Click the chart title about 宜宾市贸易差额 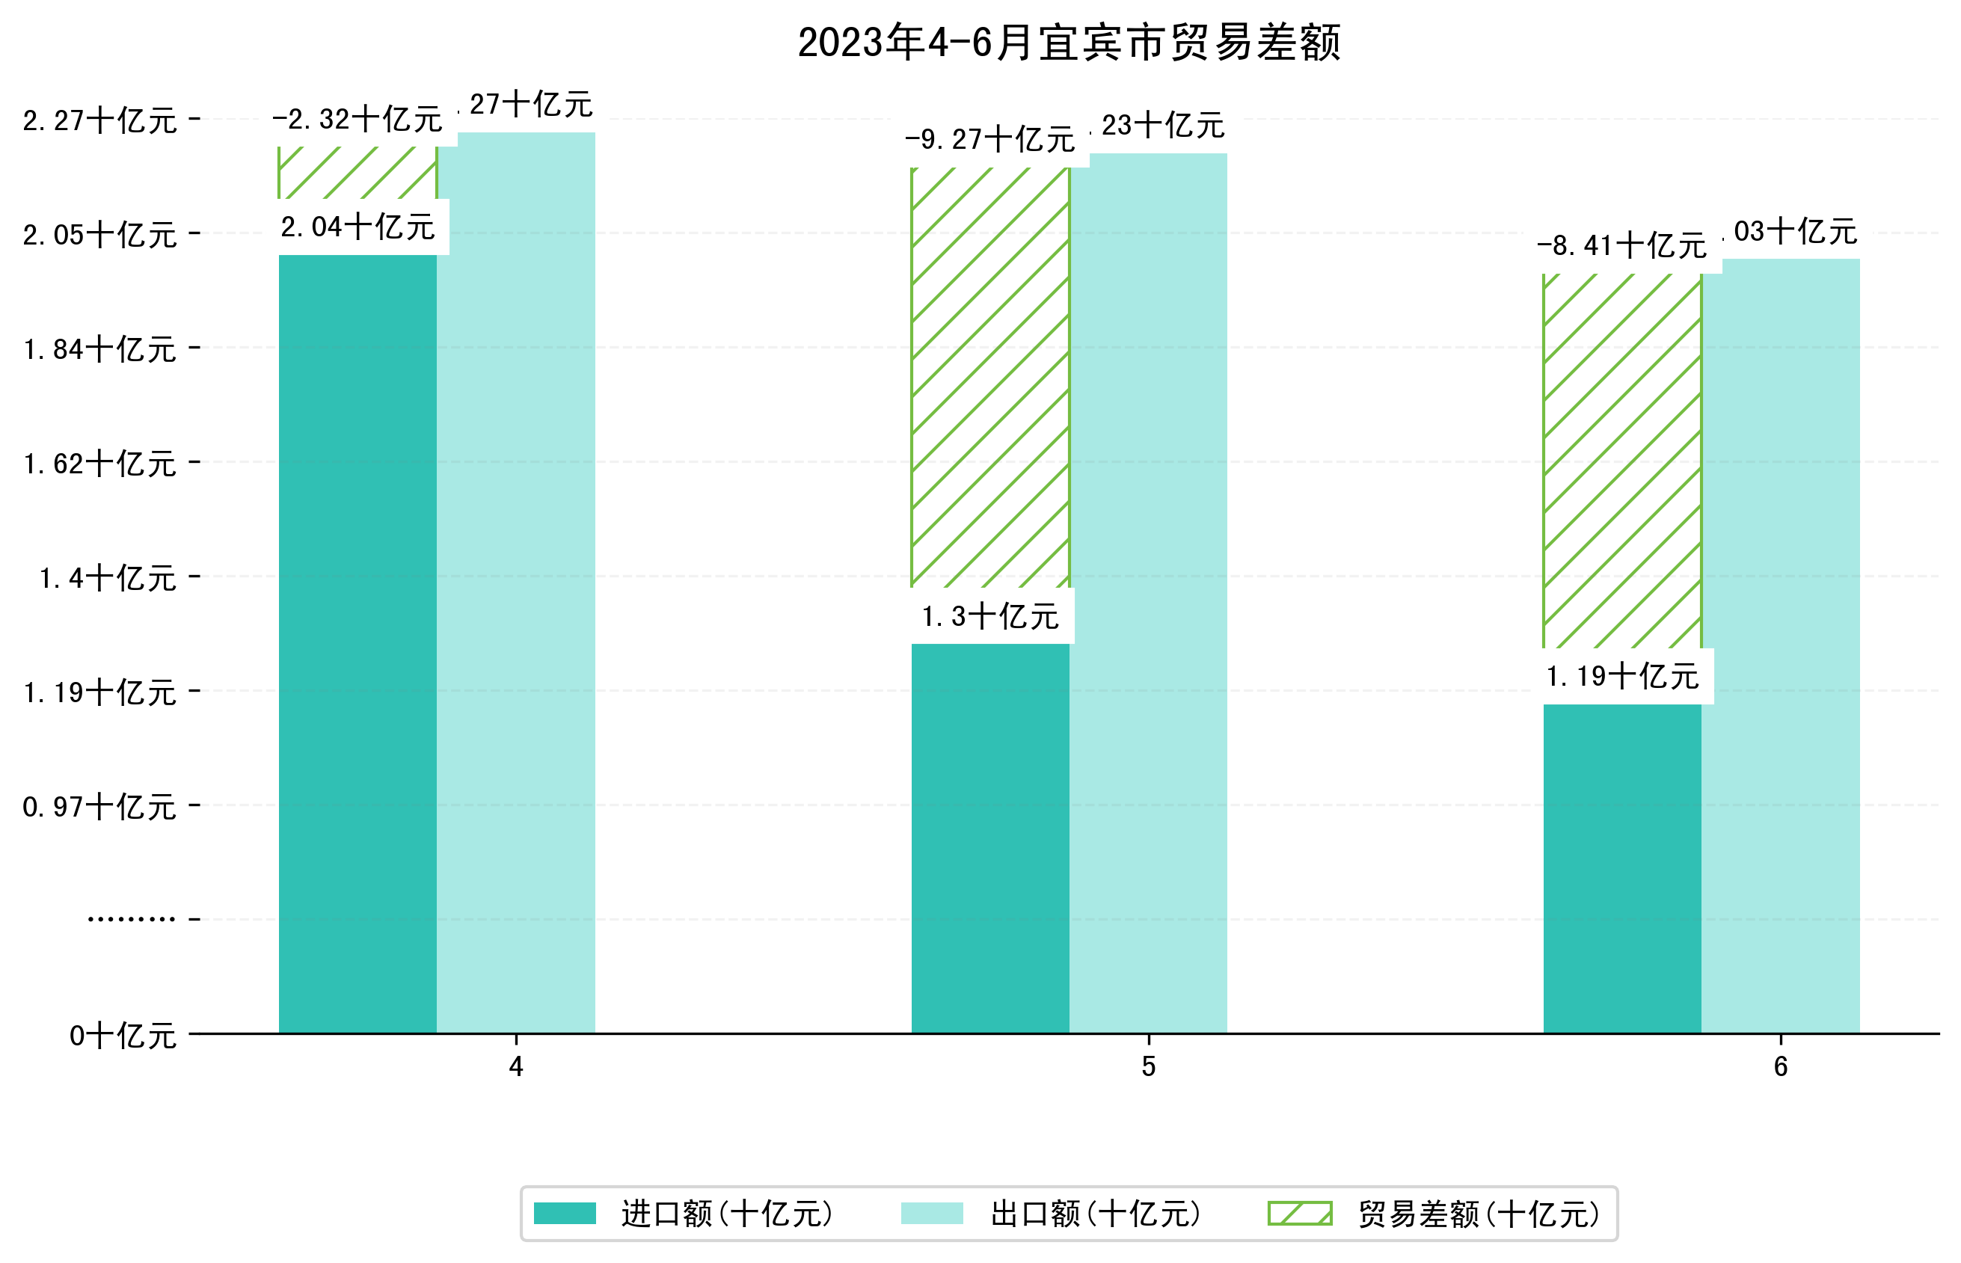pyautogui.click(x=1069, y=43)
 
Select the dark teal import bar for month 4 pyautogui.click(x=357, y=643)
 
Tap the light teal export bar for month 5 pyautogui.click(x=1148, y=592)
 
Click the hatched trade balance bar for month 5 pyautogui.click(x=990, y=378)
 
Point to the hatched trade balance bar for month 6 pyautogui.click(x=1621, y=460)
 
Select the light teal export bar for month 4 pyautogui.click(x=516, y=582)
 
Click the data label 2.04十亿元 pyautogui.click(x=357, y=227)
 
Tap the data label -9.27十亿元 pyautogui.click(x=990, y=139)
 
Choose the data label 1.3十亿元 pyautogui.click(x=990, y=616)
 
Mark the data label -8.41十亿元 pyautogui.click(x=1621, y=245)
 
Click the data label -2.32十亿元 pyautogui.click(x=357, y=120)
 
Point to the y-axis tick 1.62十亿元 pyautogui.click(x=100, y=464)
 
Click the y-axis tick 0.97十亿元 pyautogui.click(x=100, y=807)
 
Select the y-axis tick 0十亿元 pyautogui.click(x=123, y=1036)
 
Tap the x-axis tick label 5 pyautogui.click(x=1148, y=1067)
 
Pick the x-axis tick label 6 pyautogui.click(x=1781, y=1067)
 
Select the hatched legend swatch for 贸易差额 pyautogui.click(x=1299, y=1213)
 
